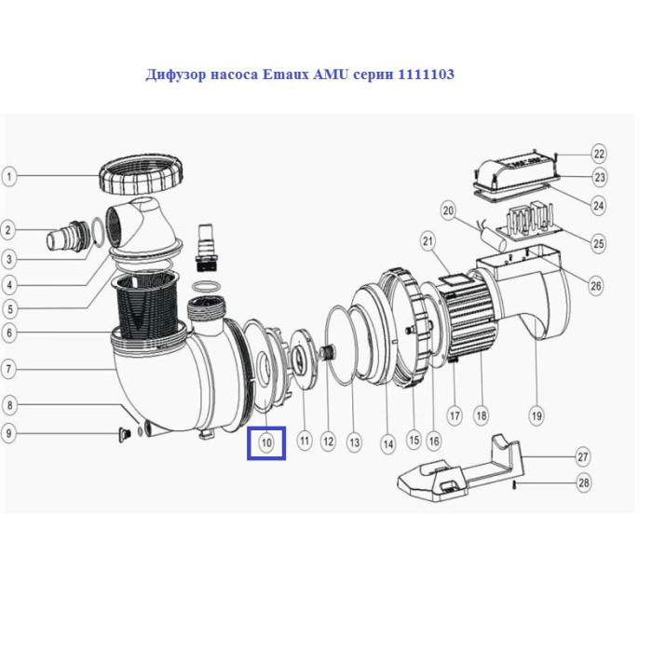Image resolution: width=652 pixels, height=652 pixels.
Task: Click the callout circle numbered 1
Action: click(x=9, y=176)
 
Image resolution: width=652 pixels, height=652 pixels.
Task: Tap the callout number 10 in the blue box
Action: click(x=266, y=442)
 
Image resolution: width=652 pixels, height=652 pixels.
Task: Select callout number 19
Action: click(x=537, y=415)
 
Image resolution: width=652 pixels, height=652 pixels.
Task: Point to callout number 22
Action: click(x=599, y=154)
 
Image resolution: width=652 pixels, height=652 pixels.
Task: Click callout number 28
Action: click(x=584, y=482)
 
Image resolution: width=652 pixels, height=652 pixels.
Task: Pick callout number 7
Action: click(x=9, y=369)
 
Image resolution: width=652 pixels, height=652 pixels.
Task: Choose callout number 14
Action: click(x=388, y=444)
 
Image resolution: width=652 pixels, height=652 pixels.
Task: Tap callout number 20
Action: click(x=448, y=211)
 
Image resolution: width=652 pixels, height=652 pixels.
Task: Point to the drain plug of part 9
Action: click(x=124, y=435)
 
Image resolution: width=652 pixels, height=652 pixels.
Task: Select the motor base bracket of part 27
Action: click(x=459, y=468)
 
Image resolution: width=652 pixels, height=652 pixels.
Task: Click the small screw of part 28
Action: click(x=515, y=484)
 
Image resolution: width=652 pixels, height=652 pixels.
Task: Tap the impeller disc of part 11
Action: click(x=303, y=360)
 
